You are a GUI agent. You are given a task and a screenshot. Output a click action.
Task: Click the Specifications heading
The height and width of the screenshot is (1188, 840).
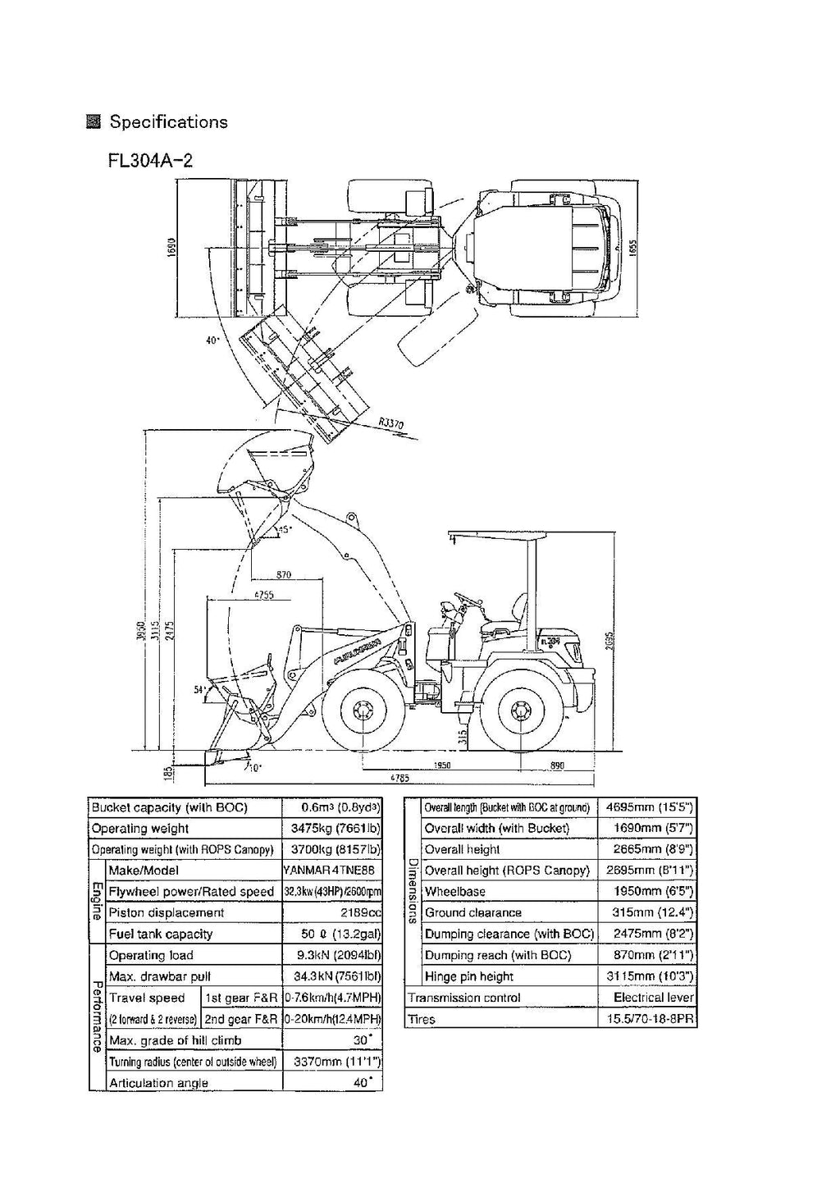pyautogui.click(x=168, y=122)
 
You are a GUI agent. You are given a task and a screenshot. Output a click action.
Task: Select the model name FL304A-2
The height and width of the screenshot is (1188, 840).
pyautogui.click(x=150, y=159)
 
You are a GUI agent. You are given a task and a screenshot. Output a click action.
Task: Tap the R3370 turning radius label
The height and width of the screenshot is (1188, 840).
pyautogui.click(x=391, y=423)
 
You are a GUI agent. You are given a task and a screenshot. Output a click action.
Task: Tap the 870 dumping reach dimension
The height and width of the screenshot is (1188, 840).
pyautogui.click(x=284, y=575)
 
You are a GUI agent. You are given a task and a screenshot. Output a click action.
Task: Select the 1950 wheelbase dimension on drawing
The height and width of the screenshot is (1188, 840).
pyautogui.click(x=441, y=765)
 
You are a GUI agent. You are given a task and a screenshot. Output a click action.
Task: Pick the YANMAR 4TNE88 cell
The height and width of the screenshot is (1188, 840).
pyautogui.click(x=331, y=870)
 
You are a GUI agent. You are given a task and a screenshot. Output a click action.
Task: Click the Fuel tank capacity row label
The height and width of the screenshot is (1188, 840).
pyautogui.click(x=161, y=934)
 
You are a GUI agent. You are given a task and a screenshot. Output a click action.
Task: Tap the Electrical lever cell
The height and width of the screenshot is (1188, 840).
pyautogui.click(x=653, y=998)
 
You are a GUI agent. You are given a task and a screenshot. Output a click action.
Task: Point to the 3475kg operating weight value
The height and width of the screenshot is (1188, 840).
pyautogui.click(x=336, y=829)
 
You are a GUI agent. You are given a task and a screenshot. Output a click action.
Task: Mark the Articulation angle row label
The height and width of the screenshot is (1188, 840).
pyautogui.click(x=158, y=1083)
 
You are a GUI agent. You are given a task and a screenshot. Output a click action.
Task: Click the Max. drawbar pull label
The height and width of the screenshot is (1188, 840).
pyautogui.click(x=160, y=976)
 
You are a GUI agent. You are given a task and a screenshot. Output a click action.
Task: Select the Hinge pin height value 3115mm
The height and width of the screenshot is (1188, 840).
pyautogui.click(x=649, y=976)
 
